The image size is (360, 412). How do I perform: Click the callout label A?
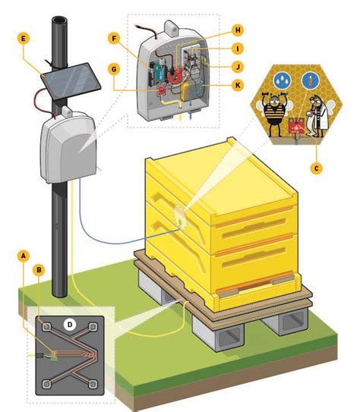pyautogui.click(x=25, y=256)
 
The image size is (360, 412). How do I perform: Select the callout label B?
pyautogui.click(x=39, y=269)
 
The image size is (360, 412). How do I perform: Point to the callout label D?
pyautogui.click(x=70, y=325)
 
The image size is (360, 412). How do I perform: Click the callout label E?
pyautogui.click(x=25, y=36)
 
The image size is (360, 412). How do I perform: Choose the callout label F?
pyautogui.click(x=113, y=36)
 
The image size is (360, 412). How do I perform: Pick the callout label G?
pyautogui.click(x=113, y=68)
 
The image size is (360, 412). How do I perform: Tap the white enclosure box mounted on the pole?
pyautogui.click(x=66, y=148)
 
